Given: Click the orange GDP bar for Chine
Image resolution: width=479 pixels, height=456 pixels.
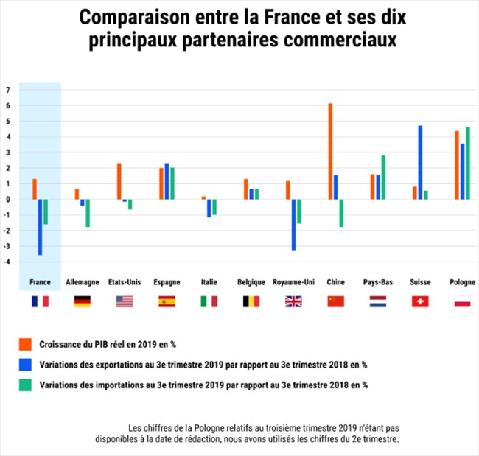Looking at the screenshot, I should point(330,151).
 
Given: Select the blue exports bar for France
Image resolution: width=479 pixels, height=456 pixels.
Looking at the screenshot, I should point(40,227).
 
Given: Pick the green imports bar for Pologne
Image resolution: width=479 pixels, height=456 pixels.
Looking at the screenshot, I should point(467,163).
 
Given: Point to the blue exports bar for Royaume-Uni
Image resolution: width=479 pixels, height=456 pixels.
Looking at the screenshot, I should point(293,225).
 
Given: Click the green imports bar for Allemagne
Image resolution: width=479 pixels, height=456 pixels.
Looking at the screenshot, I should point(88,212).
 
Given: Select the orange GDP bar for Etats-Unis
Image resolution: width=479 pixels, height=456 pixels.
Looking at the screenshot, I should point(119,181).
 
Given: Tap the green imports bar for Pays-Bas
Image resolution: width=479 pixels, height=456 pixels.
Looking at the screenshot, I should point(383,177).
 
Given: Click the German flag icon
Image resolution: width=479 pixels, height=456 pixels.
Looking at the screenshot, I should point(83,301).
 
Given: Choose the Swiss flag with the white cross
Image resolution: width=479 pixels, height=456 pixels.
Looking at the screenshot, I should point(419,301).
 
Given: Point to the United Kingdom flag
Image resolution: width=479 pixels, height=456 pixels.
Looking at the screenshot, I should point(293,301).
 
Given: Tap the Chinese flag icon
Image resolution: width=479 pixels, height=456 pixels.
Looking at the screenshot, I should point(335,301).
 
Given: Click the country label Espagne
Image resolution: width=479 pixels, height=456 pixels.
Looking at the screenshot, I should point(167,282).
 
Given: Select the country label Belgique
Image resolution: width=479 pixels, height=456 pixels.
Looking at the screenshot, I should point(251,282).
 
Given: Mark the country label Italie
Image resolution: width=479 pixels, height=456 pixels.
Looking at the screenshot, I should point(209,282).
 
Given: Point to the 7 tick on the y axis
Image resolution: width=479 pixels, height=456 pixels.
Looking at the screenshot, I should point(7,90).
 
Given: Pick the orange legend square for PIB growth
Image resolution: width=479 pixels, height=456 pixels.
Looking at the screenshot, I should point(25,344).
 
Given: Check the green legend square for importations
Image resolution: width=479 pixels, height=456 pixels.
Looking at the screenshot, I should point(25,384).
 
